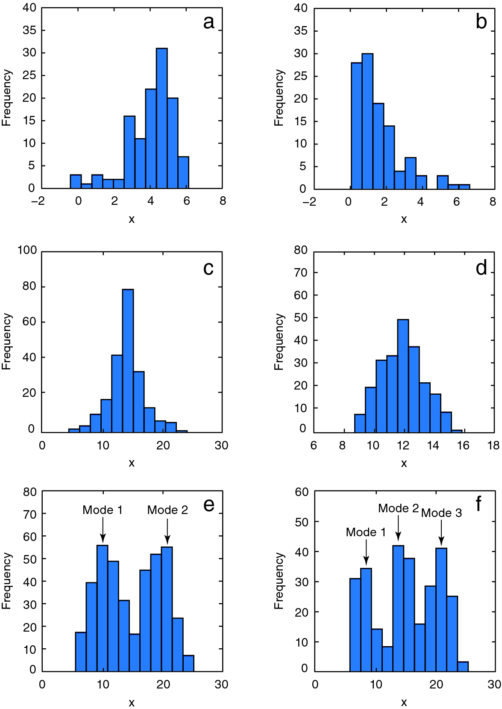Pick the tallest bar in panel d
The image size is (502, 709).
tap(403, 376)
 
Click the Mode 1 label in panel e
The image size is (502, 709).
tap(103, 510)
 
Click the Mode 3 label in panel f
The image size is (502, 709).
tap(441, 513)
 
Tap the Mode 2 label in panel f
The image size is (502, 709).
tap(398, 508)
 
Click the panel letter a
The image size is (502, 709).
tap(208, 22)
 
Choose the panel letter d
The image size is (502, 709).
tap(481, 268)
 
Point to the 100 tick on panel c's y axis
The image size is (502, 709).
tap(27, 250)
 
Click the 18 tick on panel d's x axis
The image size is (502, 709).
tap(493, 446)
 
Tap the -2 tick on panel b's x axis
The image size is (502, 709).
tap(309, 202)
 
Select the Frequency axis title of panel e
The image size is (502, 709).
tap(6, 581)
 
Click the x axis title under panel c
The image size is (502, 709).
tap(132, 463)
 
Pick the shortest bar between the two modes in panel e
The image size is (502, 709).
tap(135, 652)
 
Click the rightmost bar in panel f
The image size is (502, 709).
tap(463, 666)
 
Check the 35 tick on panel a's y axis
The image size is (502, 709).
tap(29, 30)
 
